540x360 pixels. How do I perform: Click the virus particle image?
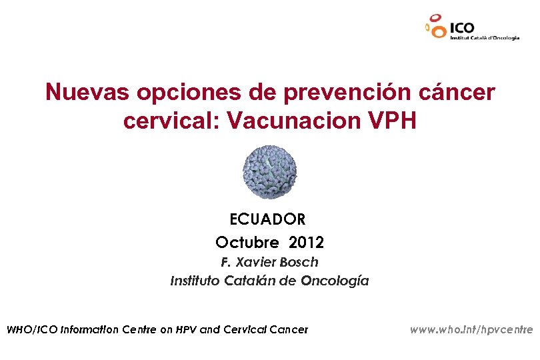pyautogui.click(x=269, y=173)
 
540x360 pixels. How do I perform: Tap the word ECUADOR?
pyautogui.click(x=267, y=219)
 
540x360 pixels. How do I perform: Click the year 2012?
pyautogui.click(x=306, y=241)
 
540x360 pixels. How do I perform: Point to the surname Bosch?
pyautogui.click(x=300, y=262)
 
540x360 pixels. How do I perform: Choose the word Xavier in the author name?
pyautogui.click(x=255, y=262)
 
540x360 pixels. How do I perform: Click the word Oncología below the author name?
pyautogui.click(x=334, y=281)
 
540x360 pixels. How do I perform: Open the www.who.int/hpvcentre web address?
pyautogui.click(x=471, y=329)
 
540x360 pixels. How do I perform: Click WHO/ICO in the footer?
pyautogui.click(x=31, y=329)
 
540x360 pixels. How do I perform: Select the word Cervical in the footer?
pyautogui.click(x=249, y=329)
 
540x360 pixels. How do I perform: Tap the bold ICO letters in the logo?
pyautogui.click(x=463, y=28)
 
